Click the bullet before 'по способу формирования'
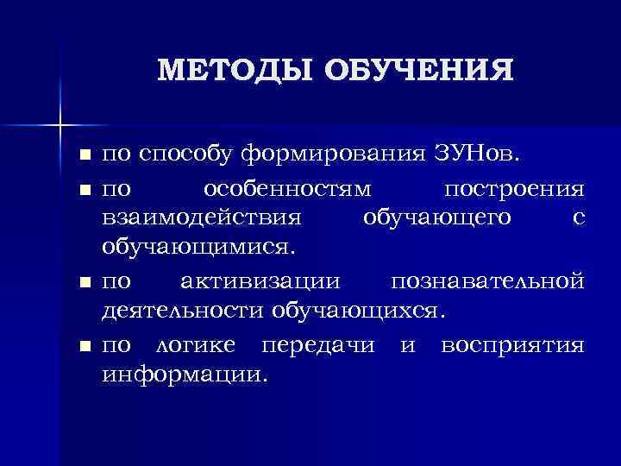(x=84, y=156)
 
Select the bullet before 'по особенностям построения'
(x=84, y=187)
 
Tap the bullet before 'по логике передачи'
(x=84, y=347)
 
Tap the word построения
(x=514, y=187)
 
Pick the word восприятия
(x=512, y=347)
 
